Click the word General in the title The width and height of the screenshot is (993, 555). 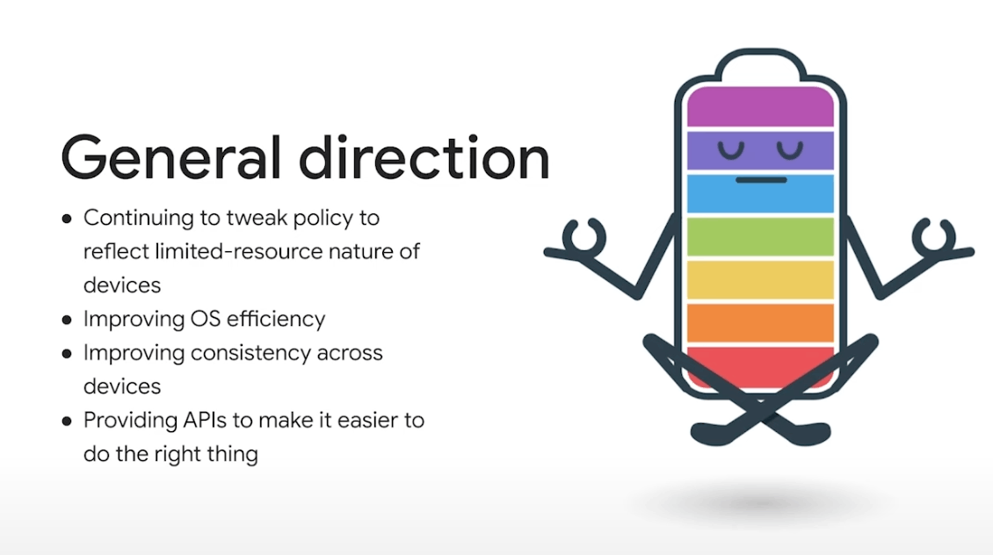pos(170,157)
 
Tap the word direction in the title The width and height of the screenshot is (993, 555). pos(424,157)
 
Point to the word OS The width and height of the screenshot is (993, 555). pos(205,319)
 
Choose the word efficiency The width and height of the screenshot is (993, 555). pos(275,320)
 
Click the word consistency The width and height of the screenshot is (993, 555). pos(250,353)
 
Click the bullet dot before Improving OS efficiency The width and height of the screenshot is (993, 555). pos(67,320)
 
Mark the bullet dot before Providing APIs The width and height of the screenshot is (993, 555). pos(67,421)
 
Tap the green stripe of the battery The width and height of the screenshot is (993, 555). pos(761,236)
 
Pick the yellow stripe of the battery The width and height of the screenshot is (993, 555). pos(761,279)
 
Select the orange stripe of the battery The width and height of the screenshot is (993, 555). pos(761,323)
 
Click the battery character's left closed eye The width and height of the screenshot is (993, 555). pos(731,152)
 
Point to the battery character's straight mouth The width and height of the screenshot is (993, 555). pos(761,180)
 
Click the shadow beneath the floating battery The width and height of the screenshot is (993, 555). pos(760,503)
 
